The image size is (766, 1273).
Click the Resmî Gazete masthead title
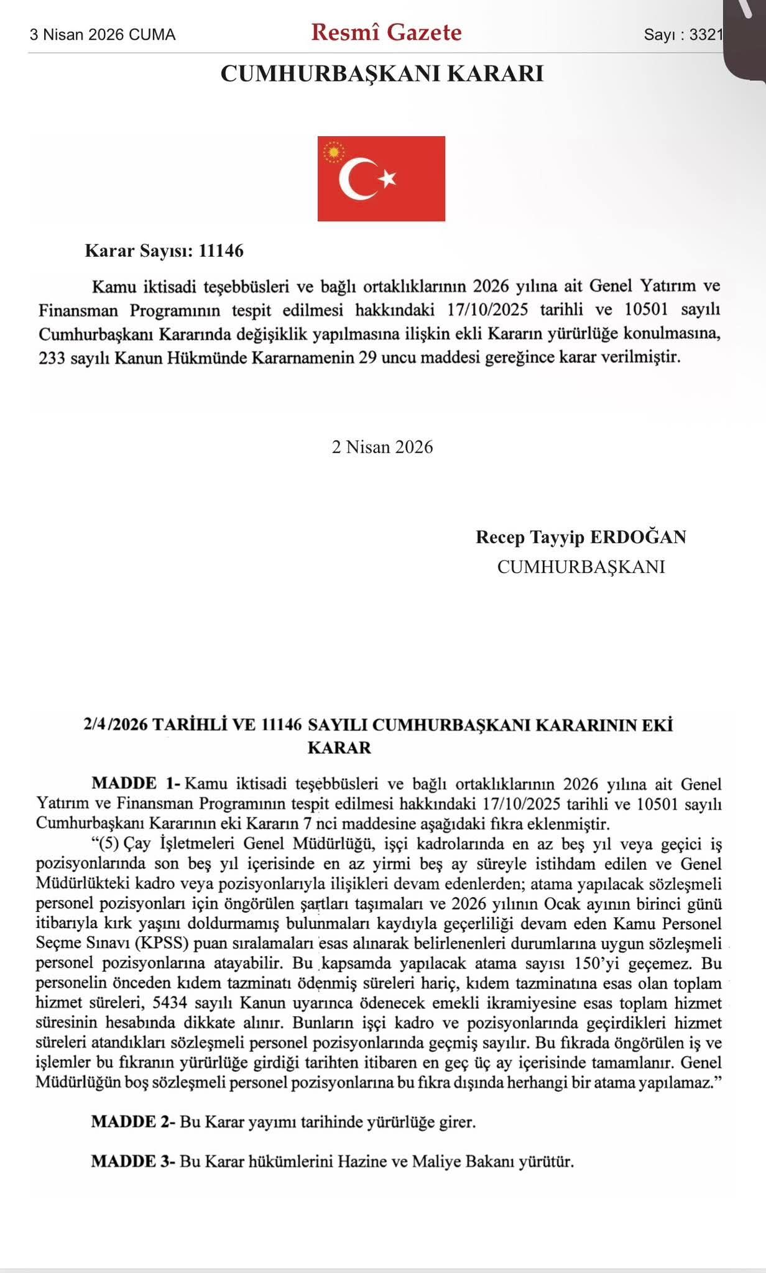click(x=386, y=32)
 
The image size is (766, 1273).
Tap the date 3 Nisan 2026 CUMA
click(x=103, y=35)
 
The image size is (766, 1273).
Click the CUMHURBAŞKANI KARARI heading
click(x=382, y=74)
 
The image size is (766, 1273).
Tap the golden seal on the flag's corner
click(x=334, y=152)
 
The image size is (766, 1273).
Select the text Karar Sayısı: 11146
click(x=164, y=251)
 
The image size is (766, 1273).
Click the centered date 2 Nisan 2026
click(x=382, y=447)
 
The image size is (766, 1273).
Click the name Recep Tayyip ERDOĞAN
click(x=581, y=537)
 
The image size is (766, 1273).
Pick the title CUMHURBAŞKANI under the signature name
click(x=581, y=567)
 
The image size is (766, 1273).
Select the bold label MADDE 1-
click(x=136, y=783)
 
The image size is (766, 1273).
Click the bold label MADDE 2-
click(x=134, y=1122)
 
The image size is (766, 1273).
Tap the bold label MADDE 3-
click(x=134, y=1161)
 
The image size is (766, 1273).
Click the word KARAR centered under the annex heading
click(x=339, y=747)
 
